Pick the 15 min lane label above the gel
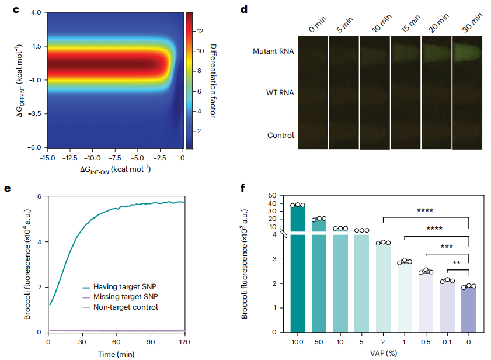(x=410, y=25)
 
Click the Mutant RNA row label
(x=273, y=51)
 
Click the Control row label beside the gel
(x=280, y=136)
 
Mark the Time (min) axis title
(x=117, y=353)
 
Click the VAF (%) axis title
(x=384, y=353)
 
